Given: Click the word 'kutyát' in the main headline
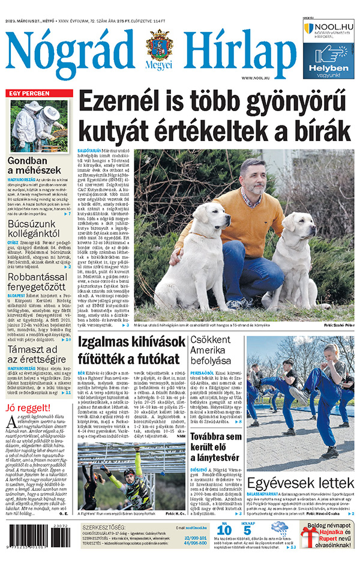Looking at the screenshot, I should pyautogui.click(x=117, y=131).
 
